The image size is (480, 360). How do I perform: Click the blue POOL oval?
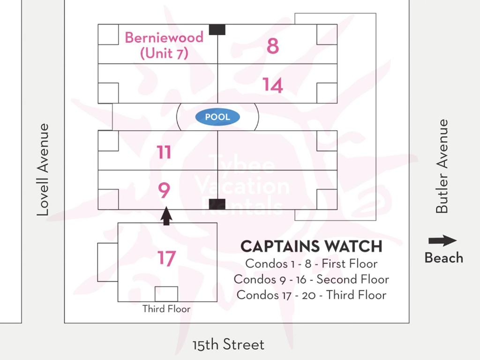(x=217, y=117)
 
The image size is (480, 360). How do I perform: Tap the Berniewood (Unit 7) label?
(x=164, y=45)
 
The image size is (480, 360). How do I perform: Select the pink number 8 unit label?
(x=273, y=46)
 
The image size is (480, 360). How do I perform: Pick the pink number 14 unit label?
(x=272, y=85)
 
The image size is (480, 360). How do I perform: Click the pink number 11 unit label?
(x=164, y=152)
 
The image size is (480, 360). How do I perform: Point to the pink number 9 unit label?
(x=164, y=190)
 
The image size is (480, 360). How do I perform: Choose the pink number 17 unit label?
(x=166, y=258)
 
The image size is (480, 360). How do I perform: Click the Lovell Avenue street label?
(x=43, y=170)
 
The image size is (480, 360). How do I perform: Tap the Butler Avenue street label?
(x=442, y=166)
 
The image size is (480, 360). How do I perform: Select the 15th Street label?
(x=228, y=345)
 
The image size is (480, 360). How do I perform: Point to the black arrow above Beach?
(x=442, y=241)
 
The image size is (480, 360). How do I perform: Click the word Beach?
(x=444, y=258)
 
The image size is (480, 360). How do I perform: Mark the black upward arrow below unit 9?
(x=166, y=216)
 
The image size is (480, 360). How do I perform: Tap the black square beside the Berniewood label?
(x=217, y=30)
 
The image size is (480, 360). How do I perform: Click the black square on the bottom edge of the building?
(x=217, y=204)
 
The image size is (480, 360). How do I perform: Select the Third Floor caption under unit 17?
(x=166, y=308)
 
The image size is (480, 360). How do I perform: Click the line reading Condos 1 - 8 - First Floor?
(x=311, y=263)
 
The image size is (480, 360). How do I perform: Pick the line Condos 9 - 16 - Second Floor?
(x=311, y=279)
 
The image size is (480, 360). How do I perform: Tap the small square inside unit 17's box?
(x=166, y=294)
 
